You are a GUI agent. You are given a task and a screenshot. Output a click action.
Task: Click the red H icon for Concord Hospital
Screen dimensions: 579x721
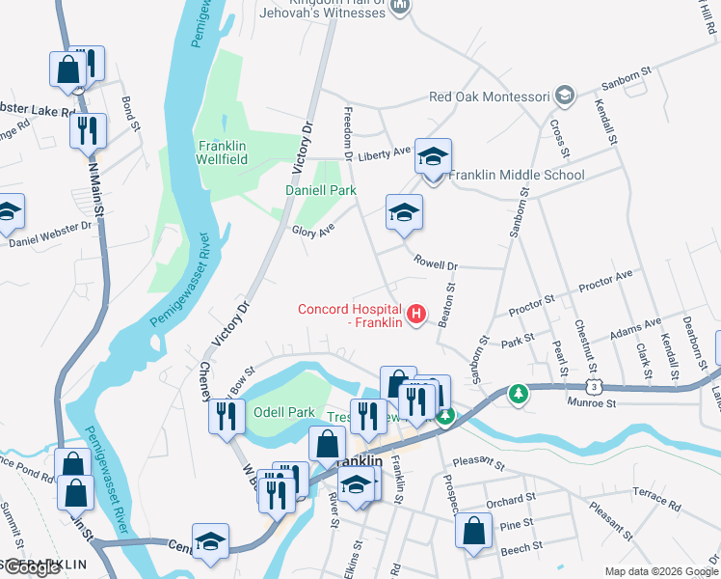416,314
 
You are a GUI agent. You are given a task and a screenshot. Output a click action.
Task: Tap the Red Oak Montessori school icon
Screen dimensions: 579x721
564,96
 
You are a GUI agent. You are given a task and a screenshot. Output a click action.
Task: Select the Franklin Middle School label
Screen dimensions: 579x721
516,175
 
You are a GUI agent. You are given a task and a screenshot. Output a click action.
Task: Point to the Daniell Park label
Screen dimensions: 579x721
320,190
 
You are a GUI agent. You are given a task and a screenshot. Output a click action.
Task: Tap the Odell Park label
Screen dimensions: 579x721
279,412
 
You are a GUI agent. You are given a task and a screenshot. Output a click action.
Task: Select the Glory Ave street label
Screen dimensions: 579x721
312,230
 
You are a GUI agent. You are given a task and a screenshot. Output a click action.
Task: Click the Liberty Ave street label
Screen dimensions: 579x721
385,152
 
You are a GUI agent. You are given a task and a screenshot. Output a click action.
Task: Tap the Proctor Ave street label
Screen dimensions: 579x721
604,281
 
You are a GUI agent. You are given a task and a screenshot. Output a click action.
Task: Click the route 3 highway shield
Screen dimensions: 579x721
598,387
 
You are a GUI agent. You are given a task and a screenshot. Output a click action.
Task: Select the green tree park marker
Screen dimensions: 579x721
519,394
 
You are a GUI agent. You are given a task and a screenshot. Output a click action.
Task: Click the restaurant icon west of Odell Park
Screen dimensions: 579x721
226,416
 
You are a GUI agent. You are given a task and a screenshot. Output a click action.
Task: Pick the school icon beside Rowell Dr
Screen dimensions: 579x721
404,212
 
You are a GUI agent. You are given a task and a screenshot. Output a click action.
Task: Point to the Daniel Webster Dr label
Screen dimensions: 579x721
49,234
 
